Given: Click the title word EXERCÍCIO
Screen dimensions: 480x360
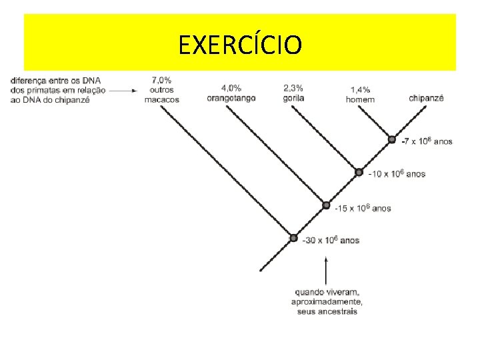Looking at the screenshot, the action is pyautogui.click(x=240, y=45).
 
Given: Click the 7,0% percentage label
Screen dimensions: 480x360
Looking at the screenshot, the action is pyautogui.click(x=161, y=80).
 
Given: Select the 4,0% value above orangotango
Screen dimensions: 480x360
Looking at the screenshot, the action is pyautogui.click(x=231, y=87).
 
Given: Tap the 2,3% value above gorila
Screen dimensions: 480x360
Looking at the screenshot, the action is pyautogui.click(x=293, y=87).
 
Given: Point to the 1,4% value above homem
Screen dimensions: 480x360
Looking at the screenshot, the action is pyautogui.click(x=360, y=90).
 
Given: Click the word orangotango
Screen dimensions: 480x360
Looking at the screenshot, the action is pyautogui.click(x=231, y=97).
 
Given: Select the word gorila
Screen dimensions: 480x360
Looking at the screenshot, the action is pyautogui.click(x=293, y=97).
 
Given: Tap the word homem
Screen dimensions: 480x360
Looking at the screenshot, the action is pyautogui.click(x=360, y=100).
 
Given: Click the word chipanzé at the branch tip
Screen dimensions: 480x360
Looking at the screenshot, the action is pyautogui.click(x=426, y=98).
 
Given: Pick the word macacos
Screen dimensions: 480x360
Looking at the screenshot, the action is pyautogui.click(x=161, y=100).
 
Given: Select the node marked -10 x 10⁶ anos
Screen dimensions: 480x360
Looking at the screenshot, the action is pyautogui.click(x=359, y=173).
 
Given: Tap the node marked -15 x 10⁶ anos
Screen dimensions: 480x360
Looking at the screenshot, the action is pyautogui.click(x=326, y=205).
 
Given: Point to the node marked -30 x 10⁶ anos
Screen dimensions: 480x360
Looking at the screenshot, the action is pyautogui.click(x=293, y=238).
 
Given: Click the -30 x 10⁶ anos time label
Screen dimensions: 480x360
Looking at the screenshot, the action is pyautogui.click(x=331, y=240).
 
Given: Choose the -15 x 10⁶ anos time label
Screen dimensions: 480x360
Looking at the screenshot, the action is pyautogui.click(x=363, y=209).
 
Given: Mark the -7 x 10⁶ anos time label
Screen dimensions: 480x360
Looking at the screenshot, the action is pyautogui.click(x=427, y=141).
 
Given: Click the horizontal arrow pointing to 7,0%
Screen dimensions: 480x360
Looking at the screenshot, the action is pyautogui.click(x=123, y=90).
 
